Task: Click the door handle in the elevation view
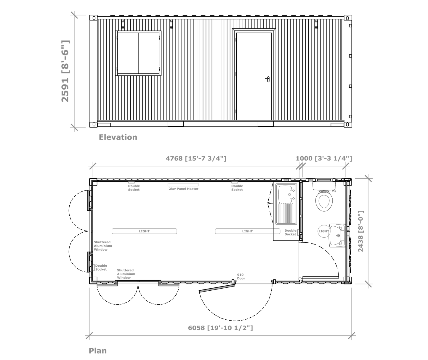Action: (x=268, y=79)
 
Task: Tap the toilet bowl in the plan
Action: (x=324, y=201)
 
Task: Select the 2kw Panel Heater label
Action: (x=183, y=189)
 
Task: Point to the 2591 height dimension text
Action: (x=65, y=71)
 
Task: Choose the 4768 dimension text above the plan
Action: (x=196, y=159)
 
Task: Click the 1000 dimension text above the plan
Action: (x=324, y=159)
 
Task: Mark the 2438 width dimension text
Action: (x=360, y=231)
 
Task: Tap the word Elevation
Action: (x=118, y=137)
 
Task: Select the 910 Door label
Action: (x=241, y=276)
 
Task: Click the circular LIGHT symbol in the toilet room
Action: (x=324, y=231)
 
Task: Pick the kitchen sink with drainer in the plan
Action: (x=286, y=204)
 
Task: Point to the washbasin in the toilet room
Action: (x=337, y=236)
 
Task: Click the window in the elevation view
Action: (x=138, y=53)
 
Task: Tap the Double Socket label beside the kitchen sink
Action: (x=291, y=233)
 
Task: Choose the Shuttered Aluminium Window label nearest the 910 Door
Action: (x=126, y=274)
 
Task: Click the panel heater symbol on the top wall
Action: (x=183, y=185)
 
